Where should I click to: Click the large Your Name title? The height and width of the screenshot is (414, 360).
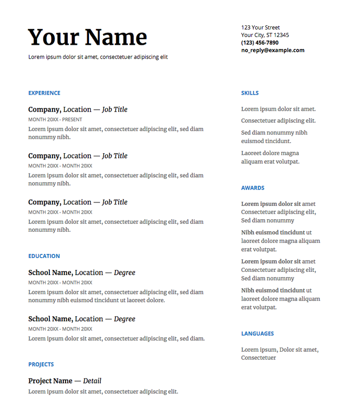click(88, 37)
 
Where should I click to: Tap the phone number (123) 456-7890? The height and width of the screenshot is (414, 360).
click(260, 42)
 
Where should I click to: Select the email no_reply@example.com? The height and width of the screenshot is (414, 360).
click(273, 50)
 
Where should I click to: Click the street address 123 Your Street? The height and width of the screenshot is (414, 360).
click(260, 27)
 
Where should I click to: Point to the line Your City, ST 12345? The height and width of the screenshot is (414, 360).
click(265, 35)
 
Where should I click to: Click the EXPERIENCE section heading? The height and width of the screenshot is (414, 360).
click(44, 93)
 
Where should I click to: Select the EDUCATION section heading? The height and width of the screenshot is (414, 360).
click(44, 256)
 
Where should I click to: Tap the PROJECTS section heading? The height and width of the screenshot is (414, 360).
click(41, 364)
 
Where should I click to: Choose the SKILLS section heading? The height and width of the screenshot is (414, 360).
click(250, 93)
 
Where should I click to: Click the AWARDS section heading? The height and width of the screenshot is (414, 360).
click(252, 188)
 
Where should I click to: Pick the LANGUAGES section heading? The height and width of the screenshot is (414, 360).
click(257, 333)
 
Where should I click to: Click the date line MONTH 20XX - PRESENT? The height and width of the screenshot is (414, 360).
click(55, 120)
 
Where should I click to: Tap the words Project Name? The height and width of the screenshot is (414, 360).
click(50, 381)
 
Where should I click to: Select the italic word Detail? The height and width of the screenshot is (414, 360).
click(92, 381)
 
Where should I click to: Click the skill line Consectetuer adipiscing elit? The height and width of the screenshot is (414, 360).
click(278, 120)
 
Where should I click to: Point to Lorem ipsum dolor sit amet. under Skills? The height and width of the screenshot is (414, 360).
click(278, 109)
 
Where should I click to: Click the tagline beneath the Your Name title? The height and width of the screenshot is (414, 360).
click(98, 57)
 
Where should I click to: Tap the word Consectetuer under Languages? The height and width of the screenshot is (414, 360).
click(258, 358)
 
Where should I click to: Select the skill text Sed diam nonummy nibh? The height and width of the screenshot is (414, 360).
click(274, 132)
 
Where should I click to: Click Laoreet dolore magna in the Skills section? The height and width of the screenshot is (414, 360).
click(270, 153)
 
